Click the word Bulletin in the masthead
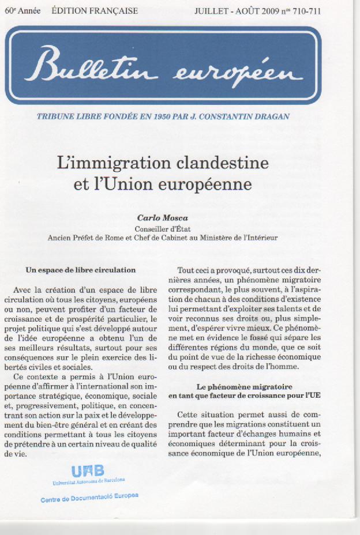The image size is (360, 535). [x=101, y=66]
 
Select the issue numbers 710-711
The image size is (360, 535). [x=307, y=11]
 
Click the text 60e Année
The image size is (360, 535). [x=22, y=11]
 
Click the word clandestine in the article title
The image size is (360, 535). [x=227, y=163]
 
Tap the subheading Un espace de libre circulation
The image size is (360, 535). [x=81, y=270]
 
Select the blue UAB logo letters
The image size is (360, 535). [x=88, y=470]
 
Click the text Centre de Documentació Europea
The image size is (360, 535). [x=89, y=498]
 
